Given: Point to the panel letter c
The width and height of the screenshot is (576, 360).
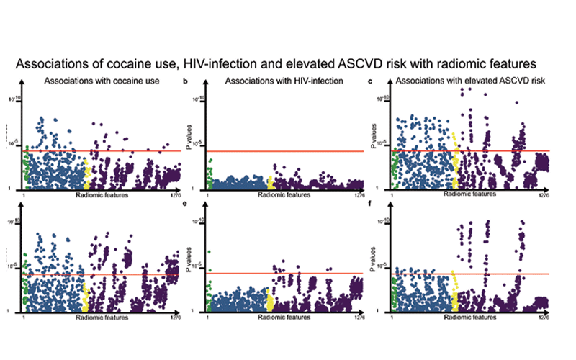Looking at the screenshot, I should pyautogui.click(x=370, y=83).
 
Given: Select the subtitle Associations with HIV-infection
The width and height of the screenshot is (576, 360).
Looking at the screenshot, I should pyautogui.click(x=285, y=81).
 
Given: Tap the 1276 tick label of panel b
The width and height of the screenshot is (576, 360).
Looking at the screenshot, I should pyautogui.click(x=360, y=194).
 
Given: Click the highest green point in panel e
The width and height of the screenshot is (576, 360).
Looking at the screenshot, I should pyautogui.click(x=210, y=252).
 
